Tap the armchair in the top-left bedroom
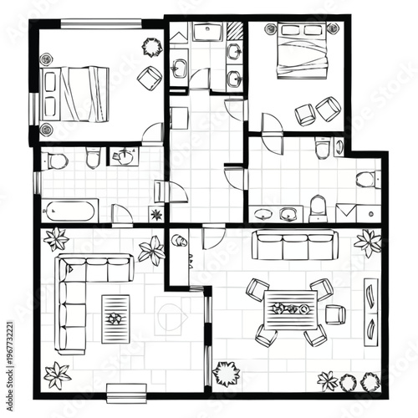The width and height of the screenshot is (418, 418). click(150, 79)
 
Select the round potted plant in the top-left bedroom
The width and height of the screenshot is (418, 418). click(152, 45)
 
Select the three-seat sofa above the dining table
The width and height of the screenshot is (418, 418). click(293, 246)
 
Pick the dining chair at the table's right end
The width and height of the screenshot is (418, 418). click(334, 314)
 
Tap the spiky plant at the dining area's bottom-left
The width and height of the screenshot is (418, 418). click(227, 373)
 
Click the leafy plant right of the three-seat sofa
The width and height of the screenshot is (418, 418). click(368, 242)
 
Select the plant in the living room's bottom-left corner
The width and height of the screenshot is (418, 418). click(57, 375)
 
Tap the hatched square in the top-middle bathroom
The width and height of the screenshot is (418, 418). click(235, 32)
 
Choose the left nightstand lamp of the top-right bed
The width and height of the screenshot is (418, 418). click(271, 29)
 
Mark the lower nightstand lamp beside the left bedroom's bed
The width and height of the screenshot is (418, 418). click(46, 129)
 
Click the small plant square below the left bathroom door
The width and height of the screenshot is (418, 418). click(156, 214)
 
